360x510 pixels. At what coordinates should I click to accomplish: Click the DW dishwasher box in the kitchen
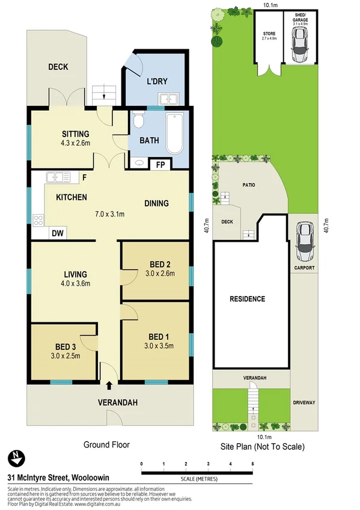coord(58,233)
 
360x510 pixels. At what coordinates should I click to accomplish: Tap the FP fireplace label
coord(160,164)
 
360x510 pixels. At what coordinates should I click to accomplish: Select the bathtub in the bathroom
coord(175,134)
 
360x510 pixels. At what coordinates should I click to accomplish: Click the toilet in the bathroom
coord(139,121)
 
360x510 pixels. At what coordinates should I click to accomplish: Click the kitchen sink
coord(59,177)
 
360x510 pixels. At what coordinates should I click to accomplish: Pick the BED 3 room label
coord(66,348)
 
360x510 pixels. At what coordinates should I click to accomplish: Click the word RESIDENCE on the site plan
coord(247,298)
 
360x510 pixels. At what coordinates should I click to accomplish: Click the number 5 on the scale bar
coord(253,464)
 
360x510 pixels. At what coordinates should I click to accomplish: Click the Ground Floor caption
coord(106,445)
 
